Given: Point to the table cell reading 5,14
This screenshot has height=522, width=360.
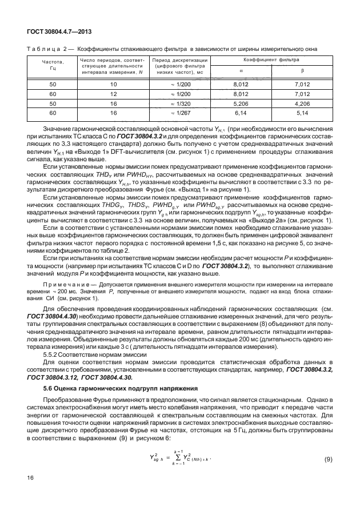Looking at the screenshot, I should [x=302, y=114].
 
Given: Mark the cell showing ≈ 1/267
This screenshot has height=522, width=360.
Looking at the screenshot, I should [x=180, y=114].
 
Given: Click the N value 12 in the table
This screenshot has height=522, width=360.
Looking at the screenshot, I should [x=113, y=93].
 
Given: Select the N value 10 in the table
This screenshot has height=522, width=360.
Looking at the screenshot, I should [x=113, y=85].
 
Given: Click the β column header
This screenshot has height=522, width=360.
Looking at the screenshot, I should [x=302, y=71].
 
